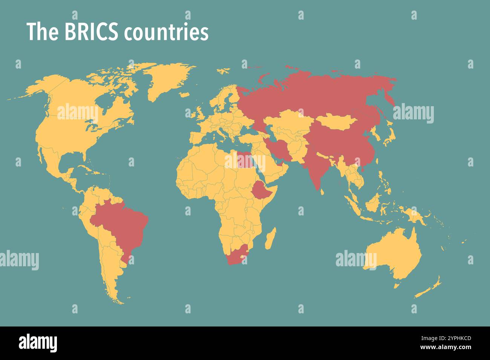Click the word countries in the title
click(x=166, y=33)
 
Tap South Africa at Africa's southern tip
click(x=236, y=256)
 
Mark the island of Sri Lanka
click(x=322, y=192)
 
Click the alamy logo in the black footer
click(x=38, y=343)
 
